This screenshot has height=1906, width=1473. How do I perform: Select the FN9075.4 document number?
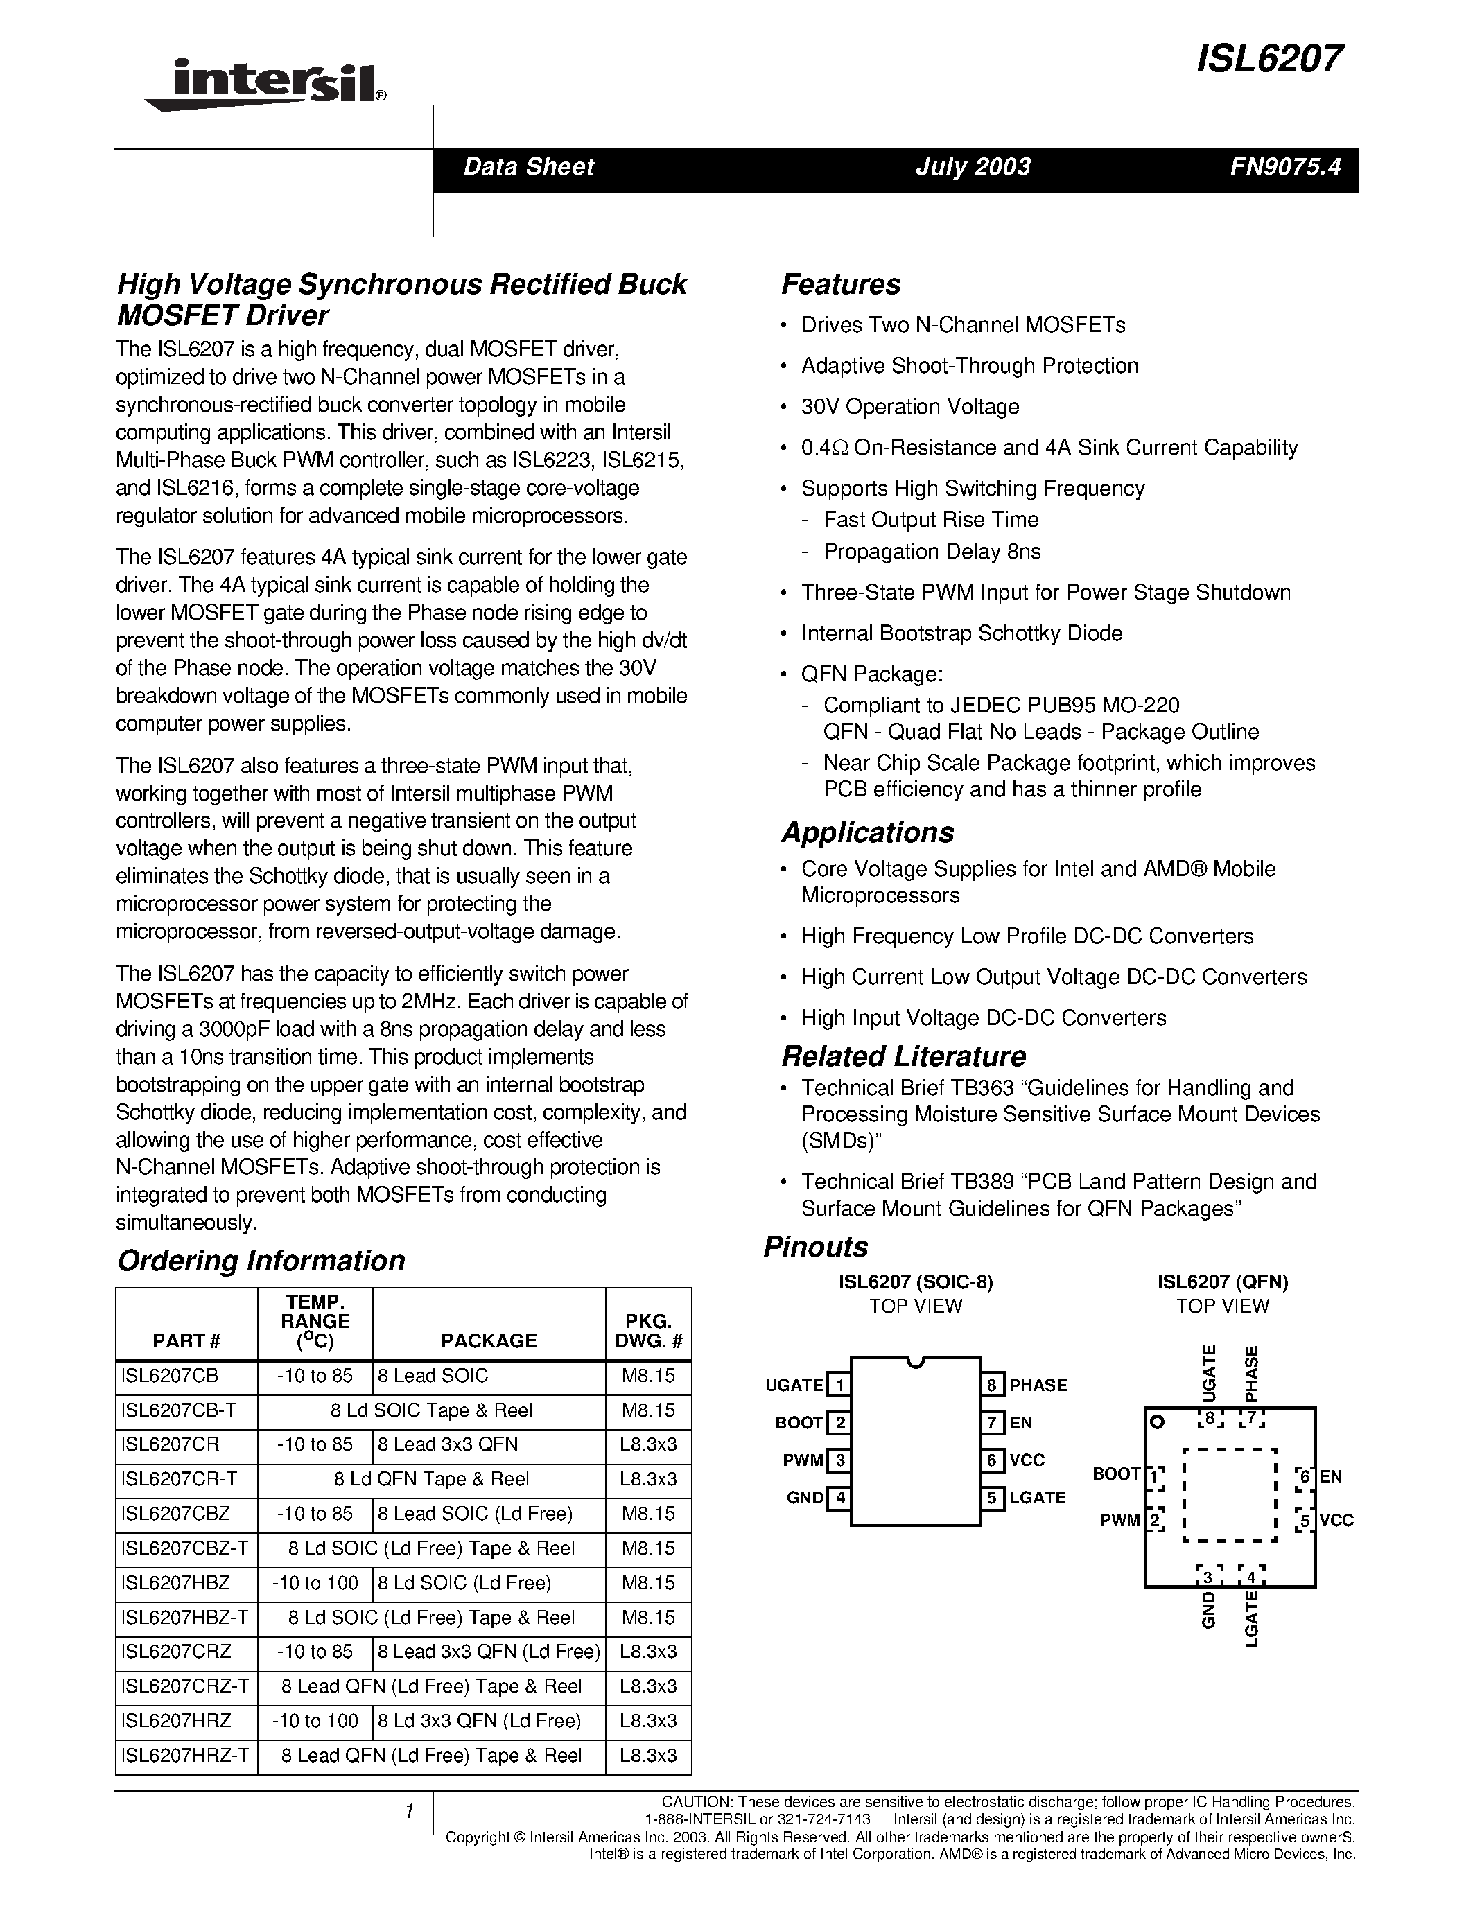(x=1284, y=166)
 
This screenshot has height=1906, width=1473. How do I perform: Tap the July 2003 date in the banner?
(x=973, y=166)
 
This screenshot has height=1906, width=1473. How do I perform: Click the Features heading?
(x=840, y=284)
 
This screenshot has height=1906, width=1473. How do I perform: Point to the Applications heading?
(x=867, y=832)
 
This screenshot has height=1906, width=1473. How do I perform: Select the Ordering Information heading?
(x=261, y=1260)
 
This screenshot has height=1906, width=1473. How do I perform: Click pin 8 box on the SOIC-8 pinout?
(x=991, y=1385)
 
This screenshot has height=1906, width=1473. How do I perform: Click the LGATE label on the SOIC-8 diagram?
(x=1038, y=1498)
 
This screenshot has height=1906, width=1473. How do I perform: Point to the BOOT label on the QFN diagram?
(x=1116, y=1474)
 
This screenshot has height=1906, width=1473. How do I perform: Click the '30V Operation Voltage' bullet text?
(x=910, y=407)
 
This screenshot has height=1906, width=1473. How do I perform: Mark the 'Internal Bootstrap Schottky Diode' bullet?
(x=961, y=633)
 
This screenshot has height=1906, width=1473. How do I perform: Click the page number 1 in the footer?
(x=408, y=1812)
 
